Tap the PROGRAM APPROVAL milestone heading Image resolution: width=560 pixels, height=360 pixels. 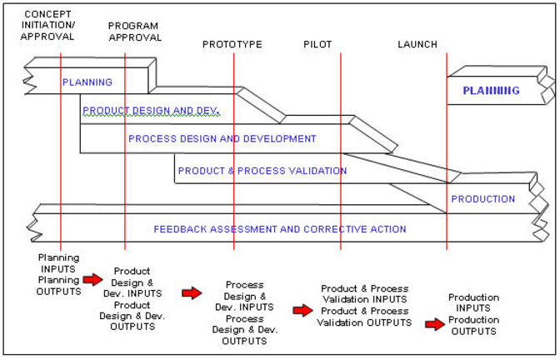point(135,31)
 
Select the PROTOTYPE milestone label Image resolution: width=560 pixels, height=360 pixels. point(232,44)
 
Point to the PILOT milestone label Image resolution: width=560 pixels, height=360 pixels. point(317,44)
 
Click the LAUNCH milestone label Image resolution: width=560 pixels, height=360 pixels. point(417,44)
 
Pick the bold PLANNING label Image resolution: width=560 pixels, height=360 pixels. point(491,91)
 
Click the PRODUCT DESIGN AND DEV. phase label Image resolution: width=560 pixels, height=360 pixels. point(151,110)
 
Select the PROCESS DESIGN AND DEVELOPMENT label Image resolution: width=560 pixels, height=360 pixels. point(222,138)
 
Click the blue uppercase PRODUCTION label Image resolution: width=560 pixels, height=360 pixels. point(482,199)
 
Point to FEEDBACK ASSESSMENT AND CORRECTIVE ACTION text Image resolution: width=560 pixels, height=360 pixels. point(280,229)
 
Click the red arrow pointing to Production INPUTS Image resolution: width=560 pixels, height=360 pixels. point(434,324)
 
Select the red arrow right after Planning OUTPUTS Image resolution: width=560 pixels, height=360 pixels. point(92,280)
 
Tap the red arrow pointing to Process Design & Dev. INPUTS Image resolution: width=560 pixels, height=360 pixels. point(192,292)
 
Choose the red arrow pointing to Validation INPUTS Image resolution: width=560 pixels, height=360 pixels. point(302,310)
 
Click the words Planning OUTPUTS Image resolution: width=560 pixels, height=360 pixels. point(59,286)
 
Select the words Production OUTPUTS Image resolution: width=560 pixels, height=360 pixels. point(474,326)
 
